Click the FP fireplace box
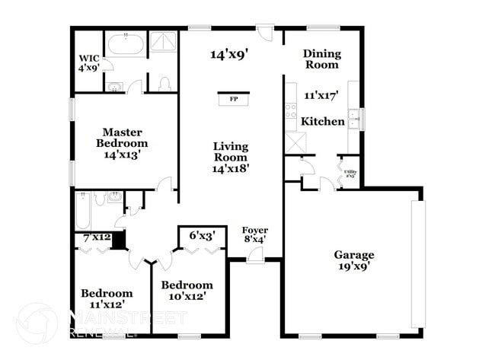232,99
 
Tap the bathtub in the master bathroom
124,44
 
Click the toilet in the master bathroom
163,83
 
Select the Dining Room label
321,59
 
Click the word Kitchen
323,122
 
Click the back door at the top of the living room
264,32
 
